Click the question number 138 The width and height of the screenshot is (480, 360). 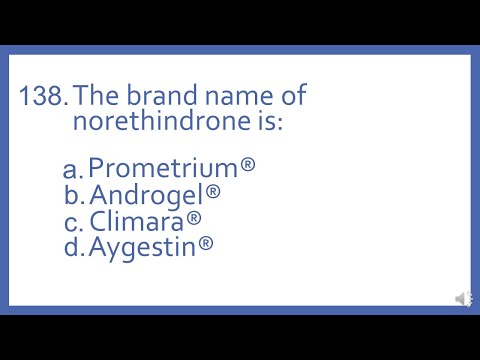(43, 97)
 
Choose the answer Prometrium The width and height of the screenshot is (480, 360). (164, 166)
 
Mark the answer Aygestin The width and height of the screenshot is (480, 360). (143, 246)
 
